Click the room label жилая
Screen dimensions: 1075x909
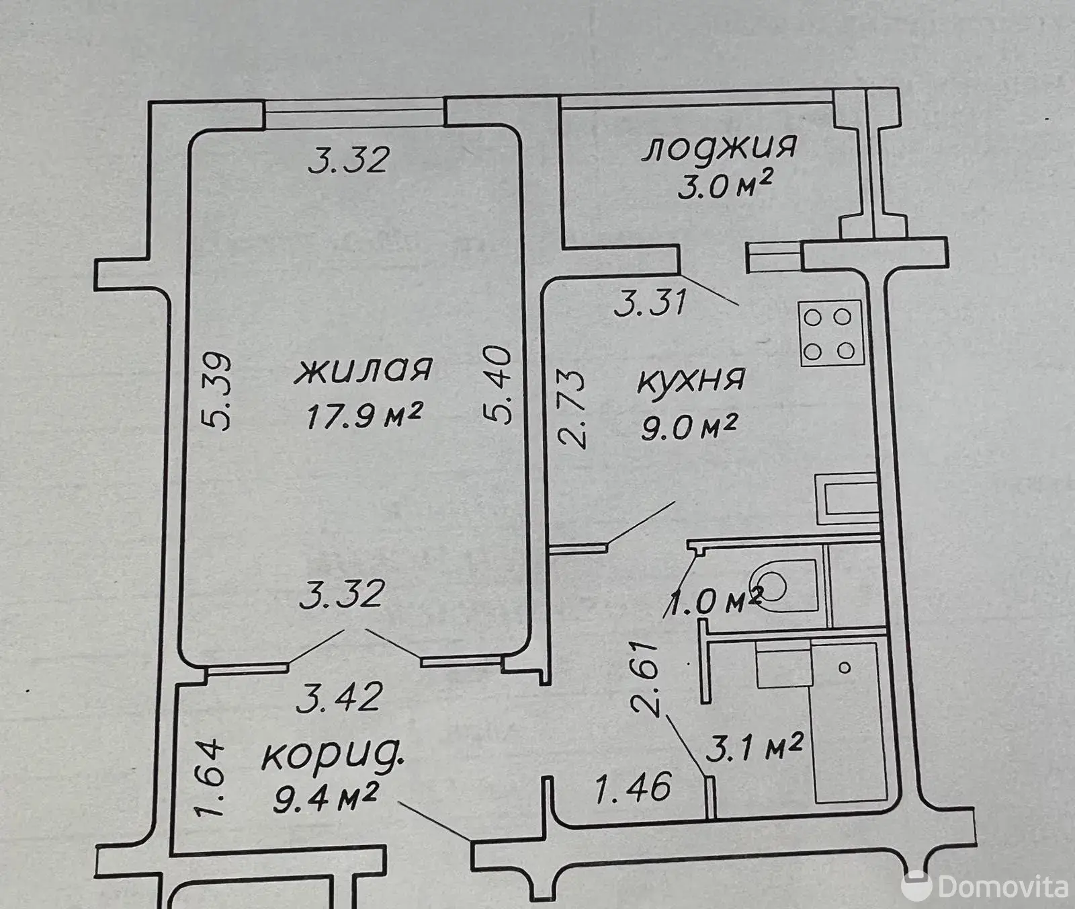pos(363,371)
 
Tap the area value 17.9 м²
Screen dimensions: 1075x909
pos(363,416)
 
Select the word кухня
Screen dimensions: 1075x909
pos(690,380)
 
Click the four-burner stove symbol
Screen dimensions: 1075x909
pos(830,333)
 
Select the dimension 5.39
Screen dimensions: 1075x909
pos(217,391)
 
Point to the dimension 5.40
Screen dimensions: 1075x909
pos(499,384)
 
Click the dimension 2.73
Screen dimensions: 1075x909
pos(573,409)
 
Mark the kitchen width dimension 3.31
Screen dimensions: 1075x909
pos(650,301)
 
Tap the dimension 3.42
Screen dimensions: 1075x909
pos(340,697)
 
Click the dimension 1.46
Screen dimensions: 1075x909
pos(634,787)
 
